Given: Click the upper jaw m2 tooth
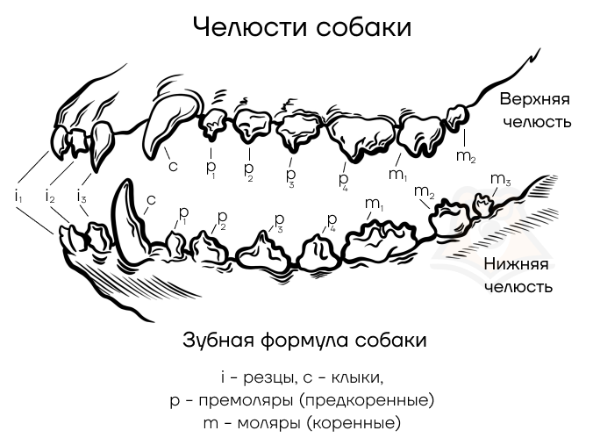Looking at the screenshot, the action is (x=456, y=118).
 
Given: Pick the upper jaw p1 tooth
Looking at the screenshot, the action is (x=214, y=123).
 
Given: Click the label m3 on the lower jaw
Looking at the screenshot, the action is (x=500, y=179).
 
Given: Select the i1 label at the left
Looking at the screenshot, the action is (x=18, y=197).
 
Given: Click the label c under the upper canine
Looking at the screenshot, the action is (x=173, y=166).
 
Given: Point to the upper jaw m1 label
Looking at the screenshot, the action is (x=397, y=175).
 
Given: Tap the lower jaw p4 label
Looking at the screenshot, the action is (x=332, y=220).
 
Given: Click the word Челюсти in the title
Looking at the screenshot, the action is (x=250, y=27).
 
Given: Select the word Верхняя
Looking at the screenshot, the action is (x=534, y=99).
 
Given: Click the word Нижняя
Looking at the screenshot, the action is (x=516, y=263).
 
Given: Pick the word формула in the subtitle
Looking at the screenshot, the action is (x=304, y=340).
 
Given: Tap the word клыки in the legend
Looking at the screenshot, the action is (x=357, y=377).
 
